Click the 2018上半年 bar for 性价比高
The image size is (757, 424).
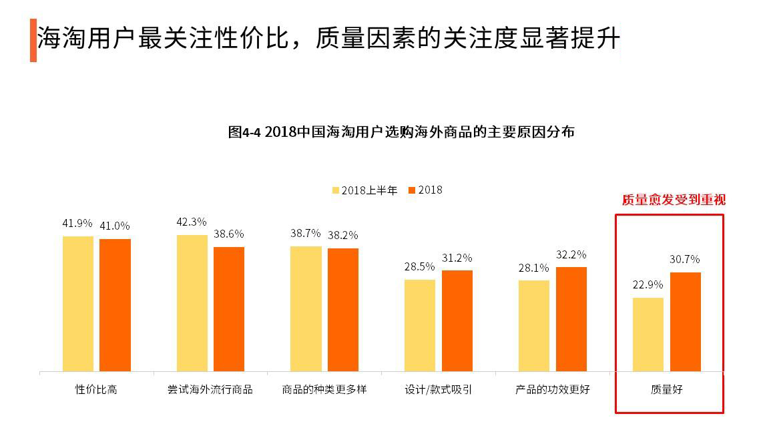click(x=78, y=304)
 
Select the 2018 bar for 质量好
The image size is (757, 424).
click(x=686, y=322)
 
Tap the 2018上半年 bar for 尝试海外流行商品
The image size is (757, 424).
click(x=192, y=303)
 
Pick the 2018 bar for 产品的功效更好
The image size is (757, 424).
click(x=571, y=319)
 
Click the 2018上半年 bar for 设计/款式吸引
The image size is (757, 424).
click(x=420, y=325)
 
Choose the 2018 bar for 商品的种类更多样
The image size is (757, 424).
click(x=343, y=310)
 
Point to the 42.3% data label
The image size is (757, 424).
click(x=192, y=222)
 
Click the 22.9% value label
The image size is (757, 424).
click(x=648, y=284)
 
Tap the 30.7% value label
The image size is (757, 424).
click(x=685, y=259)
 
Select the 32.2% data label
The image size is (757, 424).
click(x=571, y=254)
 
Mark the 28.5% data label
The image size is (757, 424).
click(x=419, y=266)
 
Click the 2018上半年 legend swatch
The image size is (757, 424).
click(x=336, y=190)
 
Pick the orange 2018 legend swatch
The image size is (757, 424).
click(x=413, y=190)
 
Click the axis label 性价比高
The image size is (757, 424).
click(x=96, y=389)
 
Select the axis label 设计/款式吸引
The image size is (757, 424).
click(x=439, y=389)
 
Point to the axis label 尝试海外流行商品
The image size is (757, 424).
click(x=210, y=389)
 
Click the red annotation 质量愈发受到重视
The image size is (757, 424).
click(x=673, y=200)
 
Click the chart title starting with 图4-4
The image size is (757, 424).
click(x=401, y=132)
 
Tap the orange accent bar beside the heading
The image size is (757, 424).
click(x=33, y=41)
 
